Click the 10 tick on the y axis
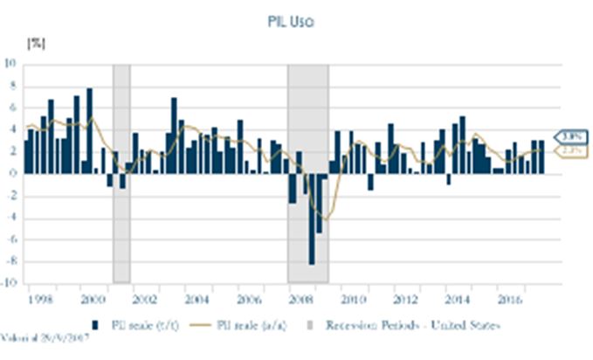pyautogui.click(x=10, y=63)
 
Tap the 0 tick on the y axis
pyautogui.click(x=13, y=173)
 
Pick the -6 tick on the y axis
pyautogui.click(x=11, y=239)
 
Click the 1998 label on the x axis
pyautogui.click(x=38, y=298)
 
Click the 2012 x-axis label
pyautogui.click(x=406, y=298)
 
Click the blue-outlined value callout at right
pyautogui.click(x=573, y=136)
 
